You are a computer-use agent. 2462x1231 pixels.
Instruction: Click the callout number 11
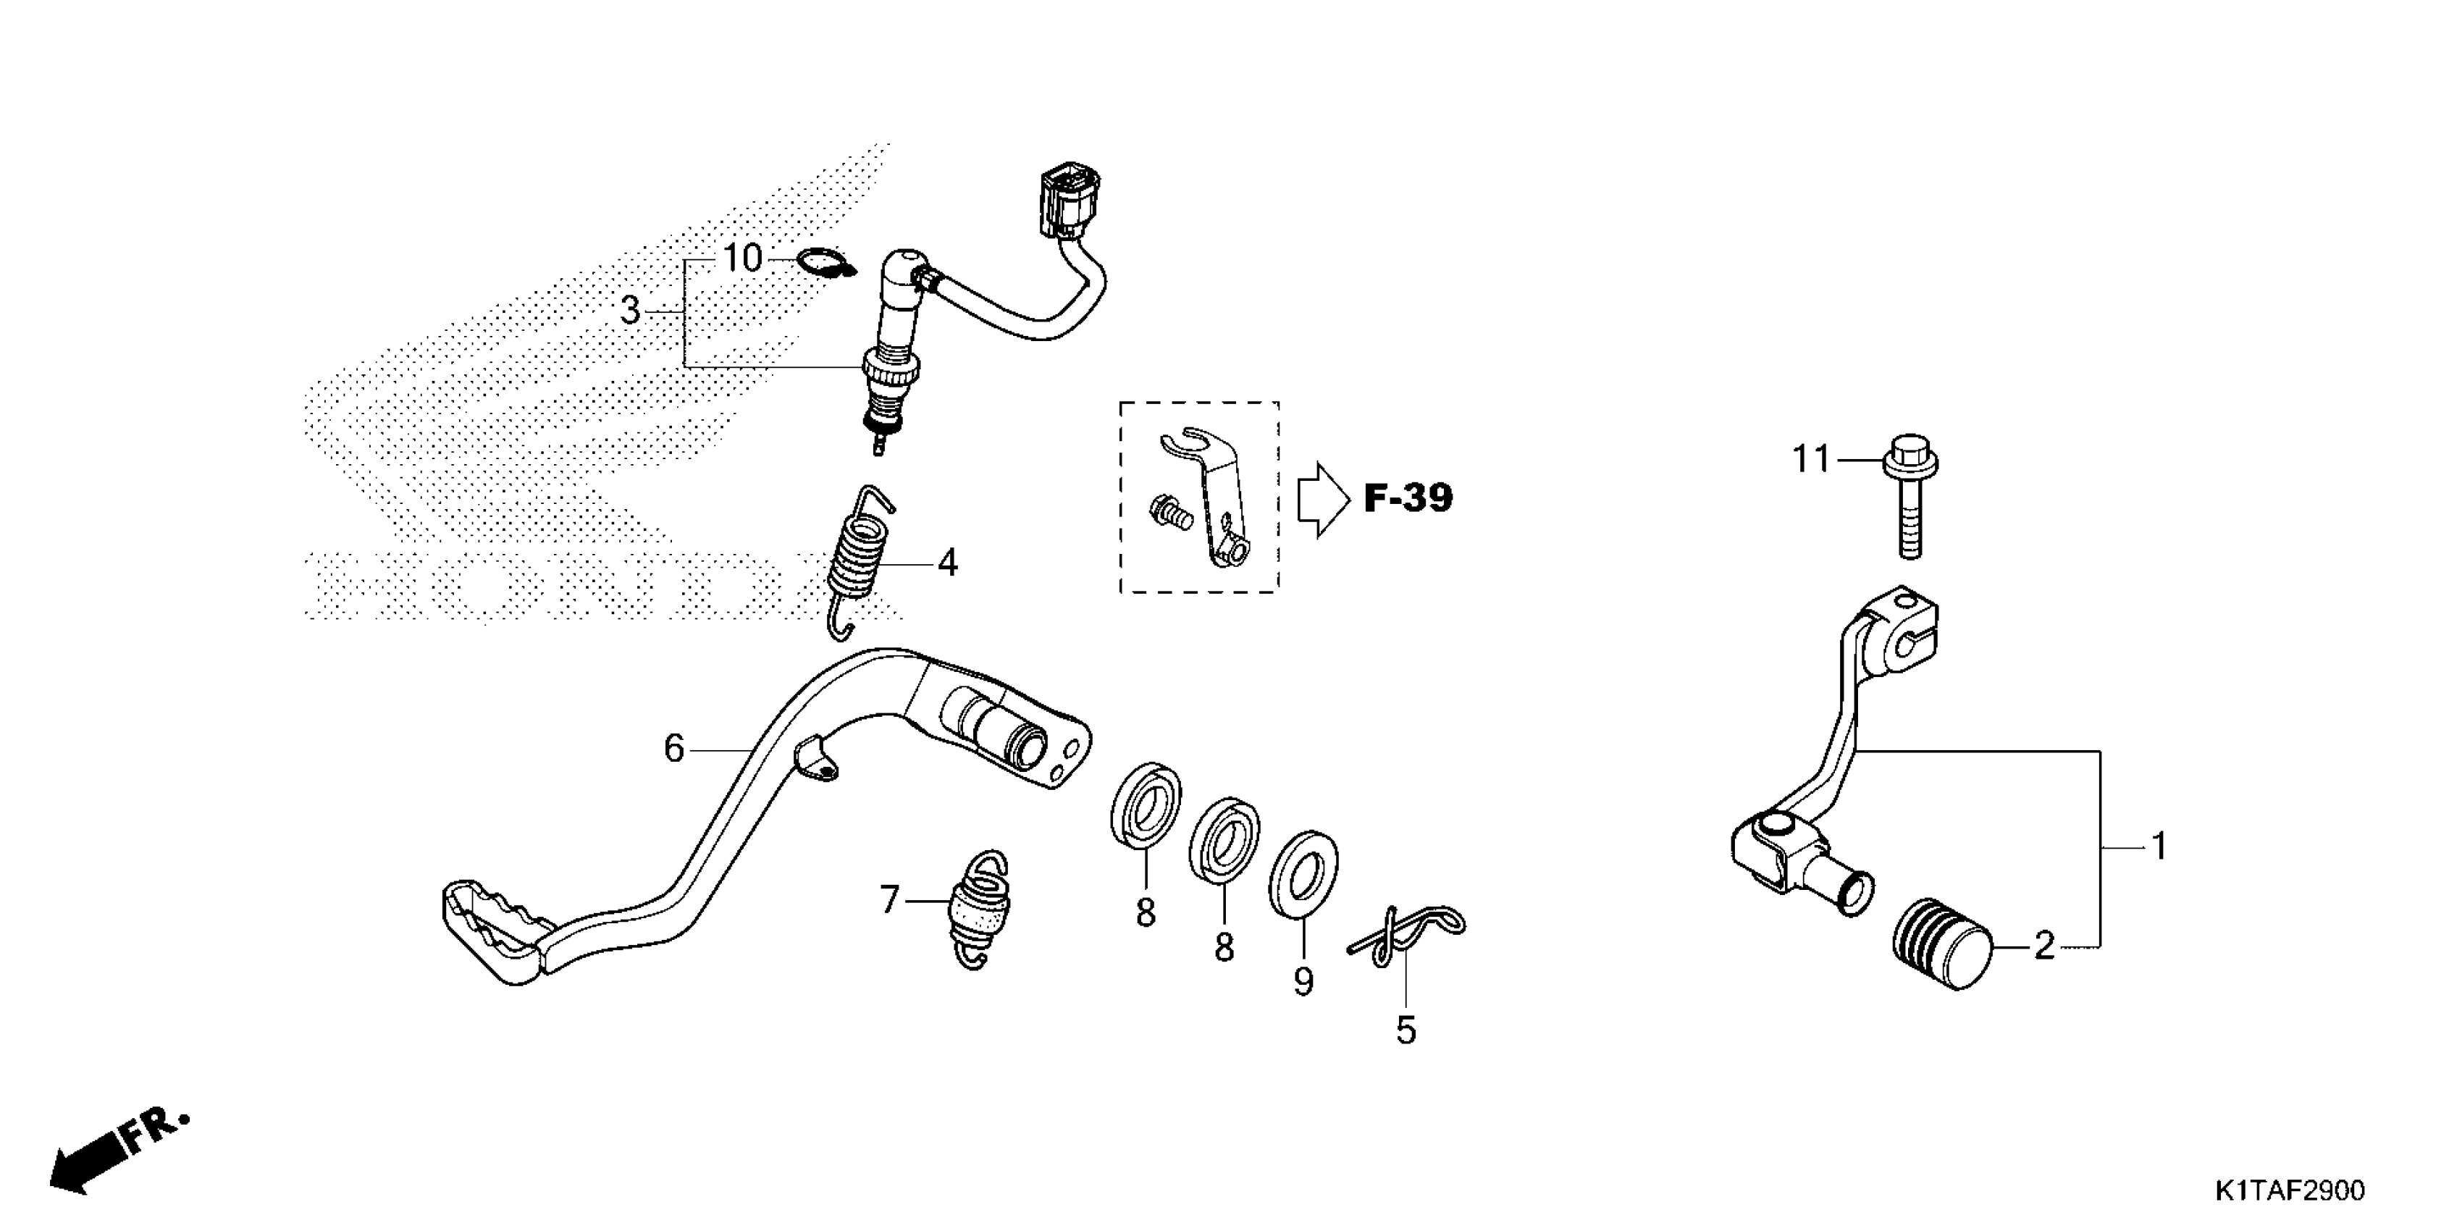point(1810,461)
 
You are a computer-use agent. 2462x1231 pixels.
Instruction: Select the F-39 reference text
point(1408,498)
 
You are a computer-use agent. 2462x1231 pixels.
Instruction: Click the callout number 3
point(630,311)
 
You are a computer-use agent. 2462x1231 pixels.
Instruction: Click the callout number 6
point(674,748)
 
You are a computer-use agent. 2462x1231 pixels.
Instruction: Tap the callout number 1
point(2158,846)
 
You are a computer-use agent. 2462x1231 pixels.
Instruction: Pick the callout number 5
point(1405,1030)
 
